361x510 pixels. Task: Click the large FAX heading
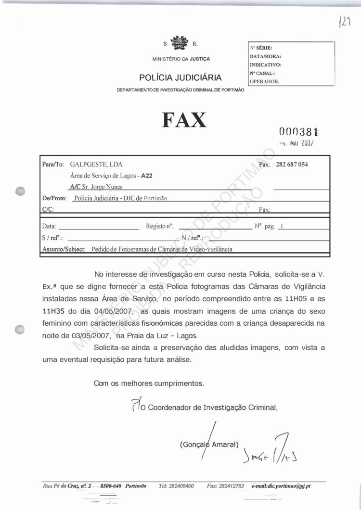[185, 120]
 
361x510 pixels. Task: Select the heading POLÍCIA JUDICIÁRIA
[180, 77]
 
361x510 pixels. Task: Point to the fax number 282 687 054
[292, 165]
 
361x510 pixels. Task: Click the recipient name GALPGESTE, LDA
[97, 165]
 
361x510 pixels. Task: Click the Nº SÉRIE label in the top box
[261, 48]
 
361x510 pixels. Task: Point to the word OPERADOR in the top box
[264, 81]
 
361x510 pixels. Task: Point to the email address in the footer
[281, 486]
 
